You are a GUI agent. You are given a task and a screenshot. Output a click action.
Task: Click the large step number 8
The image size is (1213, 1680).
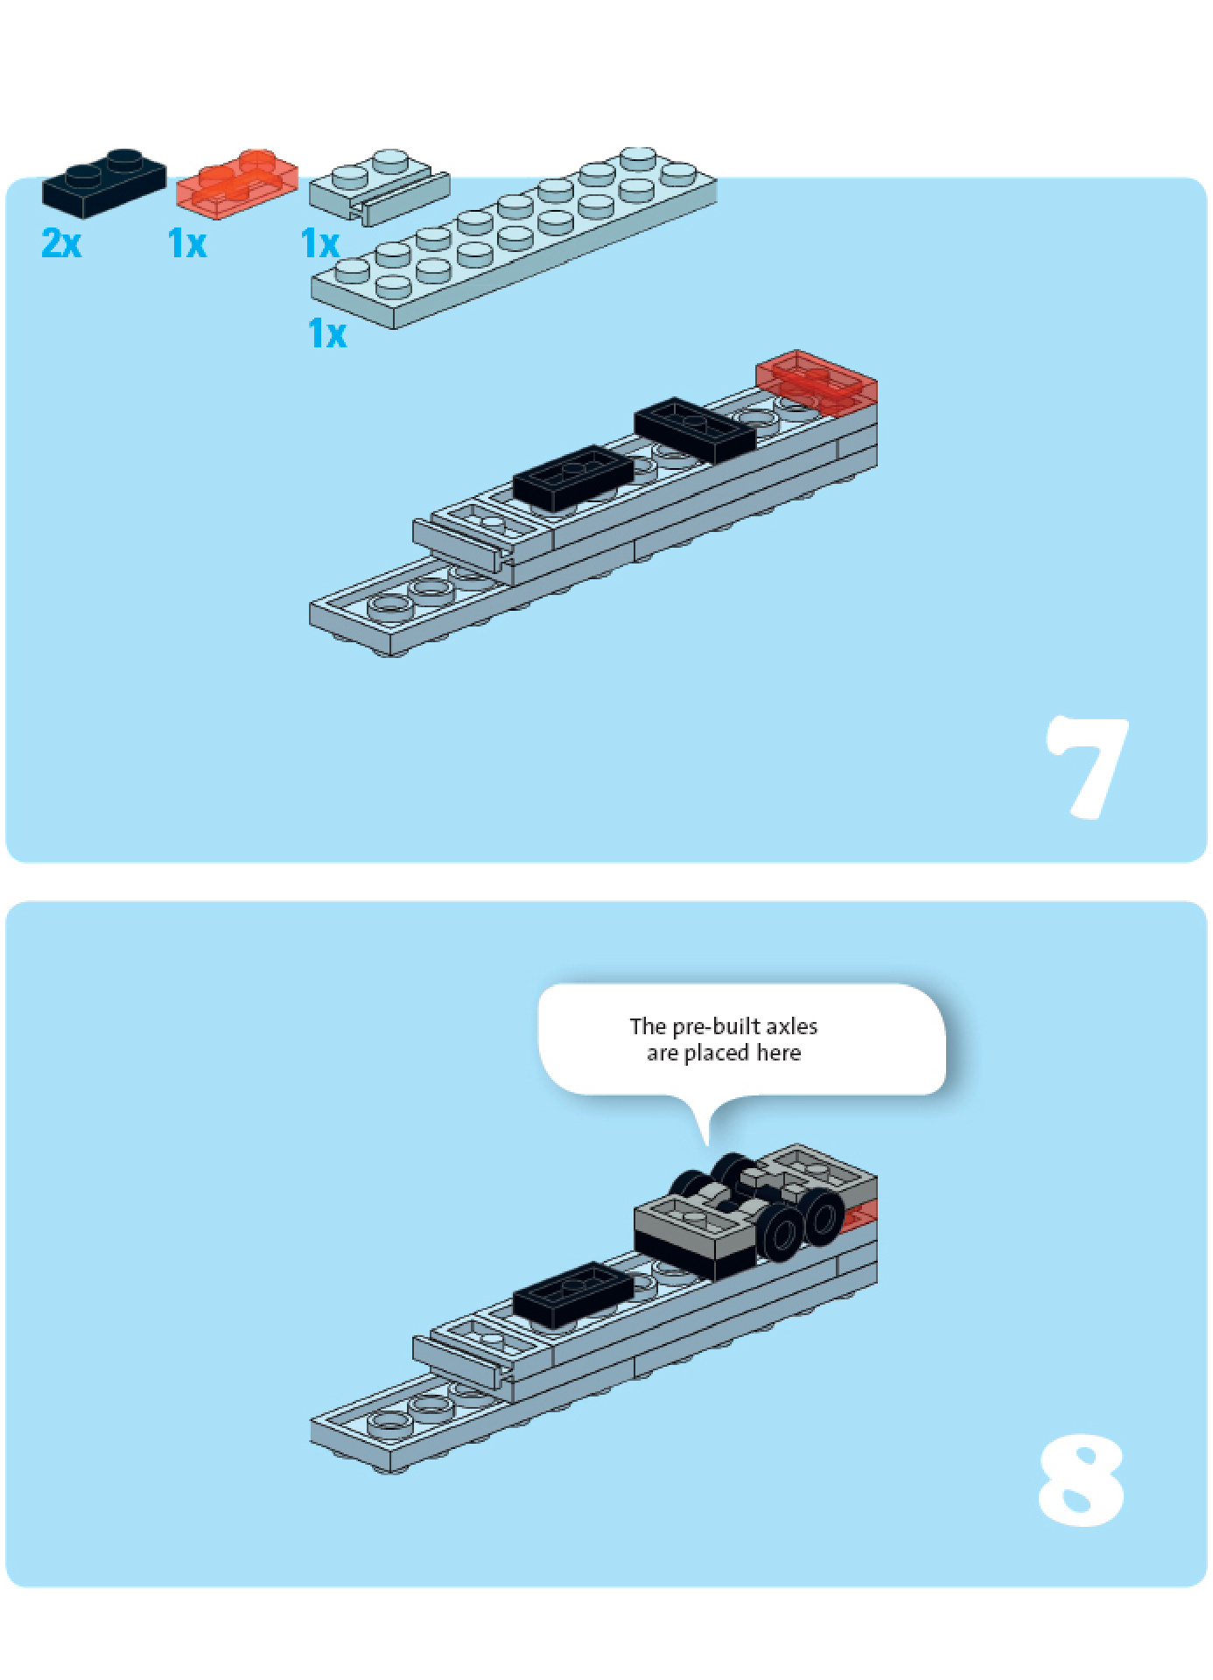coord(1081,1480)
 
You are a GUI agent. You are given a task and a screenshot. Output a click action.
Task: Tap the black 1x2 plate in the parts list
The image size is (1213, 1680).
coord(104,182)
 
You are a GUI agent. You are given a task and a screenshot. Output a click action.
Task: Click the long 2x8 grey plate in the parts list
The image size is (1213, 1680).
coord(514,238)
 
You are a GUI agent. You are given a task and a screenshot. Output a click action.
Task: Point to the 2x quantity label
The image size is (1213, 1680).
coord(61,242)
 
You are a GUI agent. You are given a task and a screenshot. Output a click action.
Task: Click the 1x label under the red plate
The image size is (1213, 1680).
coord(187,243)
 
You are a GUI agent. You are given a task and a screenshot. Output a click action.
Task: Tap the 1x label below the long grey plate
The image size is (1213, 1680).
coord(327,333)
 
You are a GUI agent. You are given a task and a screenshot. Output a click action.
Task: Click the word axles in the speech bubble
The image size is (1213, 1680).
coord(792,1026)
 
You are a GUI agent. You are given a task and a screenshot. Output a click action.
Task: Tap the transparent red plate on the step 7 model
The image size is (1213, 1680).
coord(817,381)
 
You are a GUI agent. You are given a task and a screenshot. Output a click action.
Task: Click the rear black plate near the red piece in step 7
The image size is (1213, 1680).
coord(695,430)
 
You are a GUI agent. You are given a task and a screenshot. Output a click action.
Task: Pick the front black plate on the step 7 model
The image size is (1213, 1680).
coord(573,478)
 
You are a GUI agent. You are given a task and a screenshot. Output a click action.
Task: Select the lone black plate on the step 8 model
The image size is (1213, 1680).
coord(573,1293)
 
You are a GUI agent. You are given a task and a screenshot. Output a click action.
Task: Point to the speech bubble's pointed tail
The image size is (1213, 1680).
coord(706,1144)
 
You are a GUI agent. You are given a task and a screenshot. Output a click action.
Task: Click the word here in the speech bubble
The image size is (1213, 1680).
coord(779,1053)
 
